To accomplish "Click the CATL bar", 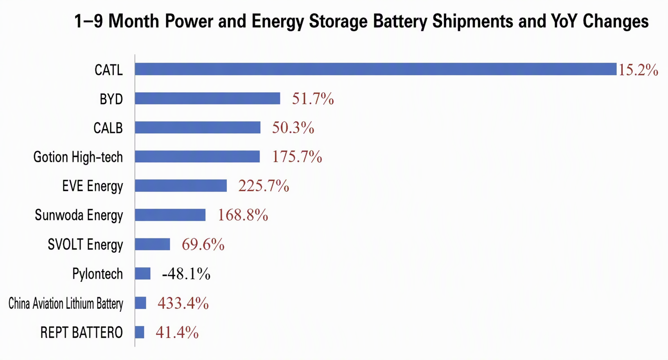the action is pos(375,69).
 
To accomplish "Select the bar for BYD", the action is pos(207,99).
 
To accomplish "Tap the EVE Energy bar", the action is pos(181,186).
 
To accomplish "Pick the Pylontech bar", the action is pos(142,274).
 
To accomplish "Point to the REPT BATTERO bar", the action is pos(139,332).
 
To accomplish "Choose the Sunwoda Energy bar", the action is pos(170,215).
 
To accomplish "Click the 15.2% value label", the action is pos(638,70).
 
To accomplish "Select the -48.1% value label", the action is pos(186,274).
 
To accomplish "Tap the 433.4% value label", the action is pos(183,303).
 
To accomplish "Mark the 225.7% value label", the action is pos(264,186).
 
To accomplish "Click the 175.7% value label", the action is pos(297,157).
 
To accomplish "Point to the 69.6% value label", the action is pos(203,245).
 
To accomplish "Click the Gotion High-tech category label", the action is pos(78,157).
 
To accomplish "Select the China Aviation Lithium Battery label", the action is pos(66,304).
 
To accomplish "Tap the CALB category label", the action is pos(108,128).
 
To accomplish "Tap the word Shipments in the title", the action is pos(473,22).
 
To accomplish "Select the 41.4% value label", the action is pos(177,332).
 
